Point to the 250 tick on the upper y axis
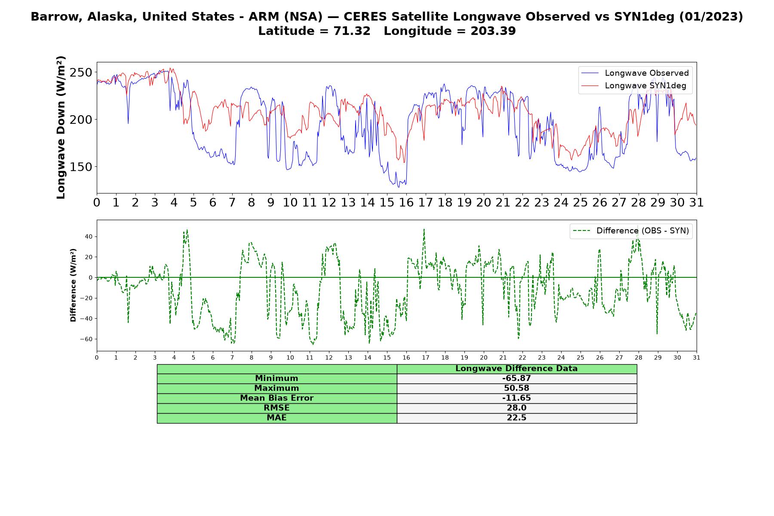point(81,72)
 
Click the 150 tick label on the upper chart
point(81,167)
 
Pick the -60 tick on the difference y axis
point(86,339)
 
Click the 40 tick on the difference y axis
point(89,236)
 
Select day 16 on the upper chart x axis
point(406,202)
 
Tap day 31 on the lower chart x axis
point(697,357)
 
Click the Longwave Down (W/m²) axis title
point(61,127)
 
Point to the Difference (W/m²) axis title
point(73,285)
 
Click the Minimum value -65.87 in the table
point(516,378)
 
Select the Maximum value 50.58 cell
point(516,388)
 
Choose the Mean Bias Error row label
point(276,398)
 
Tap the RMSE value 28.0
point(516,408)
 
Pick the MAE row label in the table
point(276,418)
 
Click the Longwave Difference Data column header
point(516,369)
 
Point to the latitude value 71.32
point(352,31)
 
